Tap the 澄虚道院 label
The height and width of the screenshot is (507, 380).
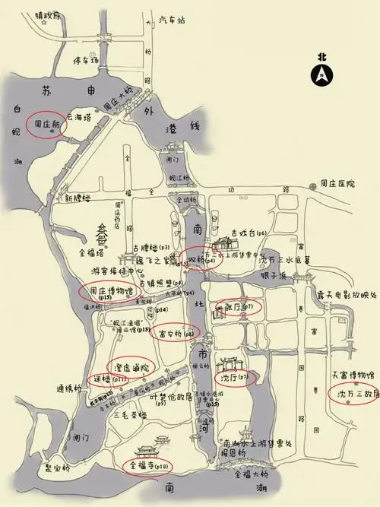(x=131, y=367)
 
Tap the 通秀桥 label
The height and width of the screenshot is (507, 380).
(x=68, y=388)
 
